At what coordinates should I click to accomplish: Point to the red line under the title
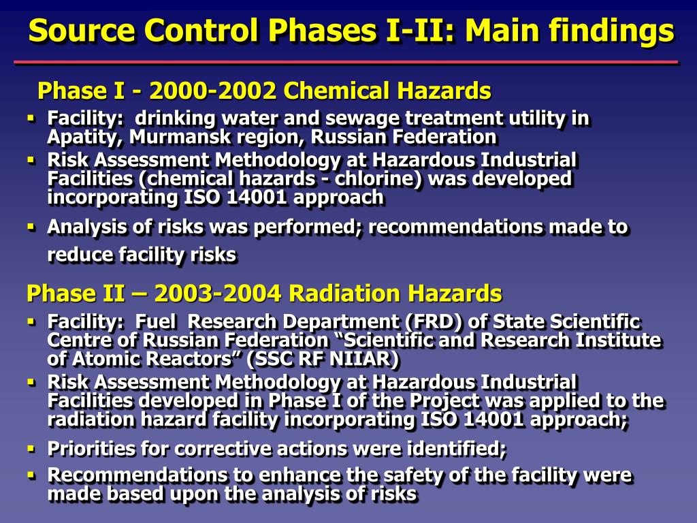coord(346,62)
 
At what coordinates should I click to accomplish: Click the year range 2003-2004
coord(218,294)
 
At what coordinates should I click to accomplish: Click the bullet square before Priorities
coord(31,449)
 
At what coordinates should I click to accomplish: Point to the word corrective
coord(216,449)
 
